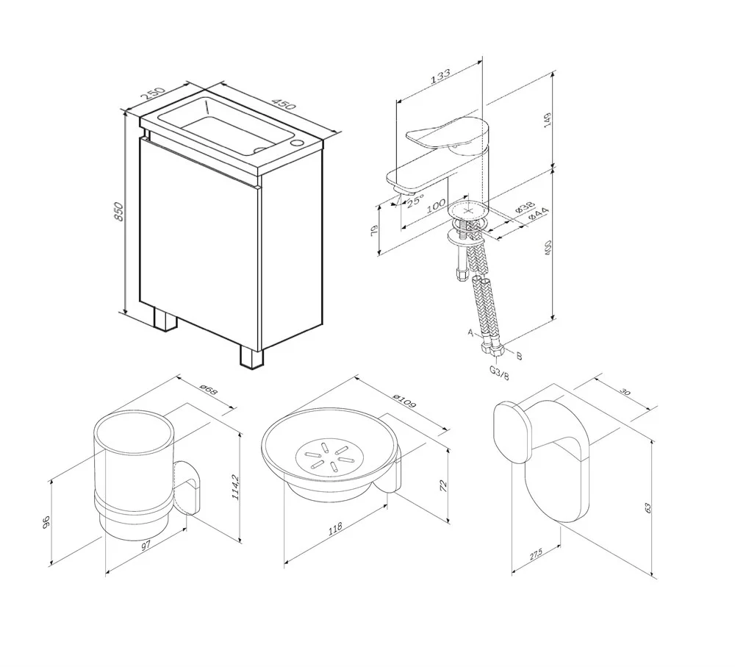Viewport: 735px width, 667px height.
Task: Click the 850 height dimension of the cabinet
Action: [x=119, y=212]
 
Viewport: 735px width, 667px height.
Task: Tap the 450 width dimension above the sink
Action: [x=284, y=104]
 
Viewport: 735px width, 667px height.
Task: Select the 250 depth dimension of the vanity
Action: [x=154, y=93]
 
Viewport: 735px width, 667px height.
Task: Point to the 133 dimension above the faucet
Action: [x=440, y=76]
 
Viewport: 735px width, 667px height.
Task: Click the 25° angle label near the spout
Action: [x=415, y=201]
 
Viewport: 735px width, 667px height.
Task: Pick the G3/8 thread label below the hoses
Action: [x=499, y=372]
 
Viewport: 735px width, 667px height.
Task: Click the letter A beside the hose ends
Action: [x=470, y=333]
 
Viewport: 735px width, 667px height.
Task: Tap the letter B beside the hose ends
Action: [x=519, y=357]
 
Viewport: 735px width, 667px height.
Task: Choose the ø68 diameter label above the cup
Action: [x=208, y=389]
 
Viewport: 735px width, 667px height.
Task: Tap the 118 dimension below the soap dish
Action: [x=335, y=529]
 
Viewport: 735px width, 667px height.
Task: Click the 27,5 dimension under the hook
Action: [x=535, y=554]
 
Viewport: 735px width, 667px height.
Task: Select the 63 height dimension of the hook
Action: [x=648, y=507]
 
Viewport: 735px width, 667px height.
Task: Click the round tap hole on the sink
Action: [x=298, y=142]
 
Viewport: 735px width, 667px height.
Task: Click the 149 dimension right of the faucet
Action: [x=548, y=121]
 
